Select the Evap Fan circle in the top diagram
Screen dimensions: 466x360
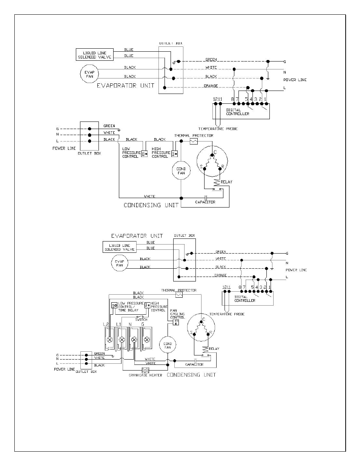pos(89,74)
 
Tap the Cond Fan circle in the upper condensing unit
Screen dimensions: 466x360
pos(181,171)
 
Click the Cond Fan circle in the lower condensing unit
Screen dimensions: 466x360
pos(168,345)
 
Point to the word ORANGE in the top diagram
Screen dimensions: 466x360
pos(211,86)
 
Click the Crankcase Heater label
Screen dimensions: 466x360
pos(145,375)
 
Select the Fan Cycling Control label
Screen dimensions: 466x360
pos(177,314)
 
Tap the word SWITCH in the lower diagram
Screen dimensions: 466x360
pos(141,320)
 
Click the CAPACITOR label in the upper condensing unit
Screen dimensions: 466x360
pos(205,202)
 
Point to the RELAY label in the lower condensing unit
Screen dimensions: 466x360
pos(214,349)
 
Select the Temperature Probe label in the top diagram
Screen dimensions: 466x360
pos(218,129)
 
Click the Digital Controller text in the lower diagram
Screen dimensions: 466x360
pos(245,299)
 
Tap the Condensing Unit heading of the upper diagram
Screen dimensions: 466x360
pos(151,205)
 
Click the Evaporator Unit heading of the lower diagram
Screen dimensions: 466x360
pos(137,236)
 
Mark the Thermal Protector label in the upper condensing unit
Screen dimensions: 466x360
pos(194,135)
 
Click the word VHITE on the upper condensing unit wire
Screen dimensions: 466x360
pos(149,196)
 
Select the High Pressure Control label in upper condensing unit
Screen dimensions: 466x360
pos(161,152)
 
